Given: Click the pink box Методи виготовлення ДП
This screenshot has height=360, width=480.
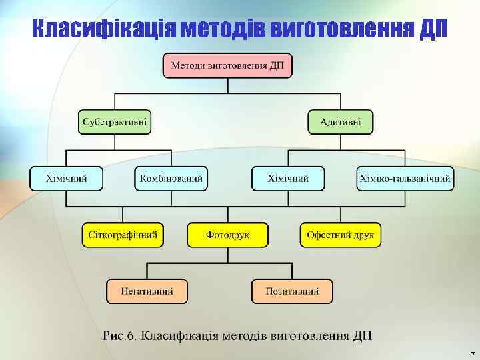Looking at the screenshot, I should point(228,65).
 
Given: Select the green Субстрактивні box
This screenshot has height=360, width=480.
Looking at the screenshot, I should point(115,122).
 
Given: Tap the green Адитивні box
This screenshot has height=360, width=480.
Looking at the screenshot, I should point(340,122).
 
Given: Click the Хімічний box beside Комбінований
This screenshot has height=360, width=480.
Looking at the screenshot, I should point(66,178).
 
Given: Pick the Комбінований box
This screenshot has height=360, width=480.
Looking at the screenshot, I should point(171,178).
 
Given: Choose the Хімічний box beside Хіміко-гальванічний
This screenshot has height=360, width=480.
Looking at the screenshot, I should point(288,178).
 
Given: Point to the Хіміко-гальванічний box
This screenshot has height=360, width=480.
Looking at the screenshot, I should point(405,178).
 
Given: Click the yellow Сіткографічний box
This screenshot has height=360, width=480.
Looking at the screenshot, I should point(123,235).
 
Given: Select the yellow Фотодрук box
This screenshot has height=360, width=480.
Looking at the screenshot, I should point(227,235).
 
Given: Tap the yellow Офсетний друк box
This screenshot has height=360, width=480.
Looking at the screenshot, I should point(341,235).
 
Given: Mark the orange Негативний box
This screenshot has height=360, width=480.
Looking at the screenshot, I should point(147,291).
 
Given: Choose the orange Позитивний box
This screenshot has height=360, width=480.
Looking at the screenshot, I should point(292,291).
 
